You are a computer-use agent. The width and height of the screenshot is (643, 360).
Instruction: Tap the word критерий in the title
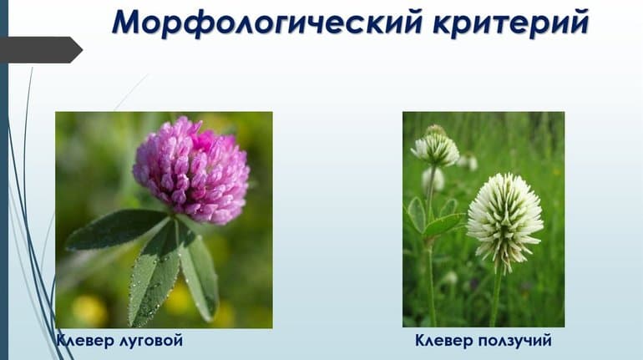click(510, 23)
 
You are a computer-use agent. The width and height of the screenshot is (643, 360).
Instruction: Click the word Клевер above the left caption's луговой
click(85, 341)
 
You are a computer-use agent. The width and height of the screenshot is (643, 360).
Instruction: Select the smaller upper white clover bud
click(436, 149)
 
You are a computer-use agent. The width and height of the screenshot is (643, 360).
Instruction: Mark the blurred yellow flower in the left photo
click(88, 309)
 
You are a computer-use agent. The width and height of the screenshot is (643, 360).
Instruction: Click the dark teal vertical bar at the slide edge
click(3, 180)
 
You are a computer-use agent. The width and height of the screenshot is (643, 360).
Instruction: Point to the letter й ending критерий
click(578, 23)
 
